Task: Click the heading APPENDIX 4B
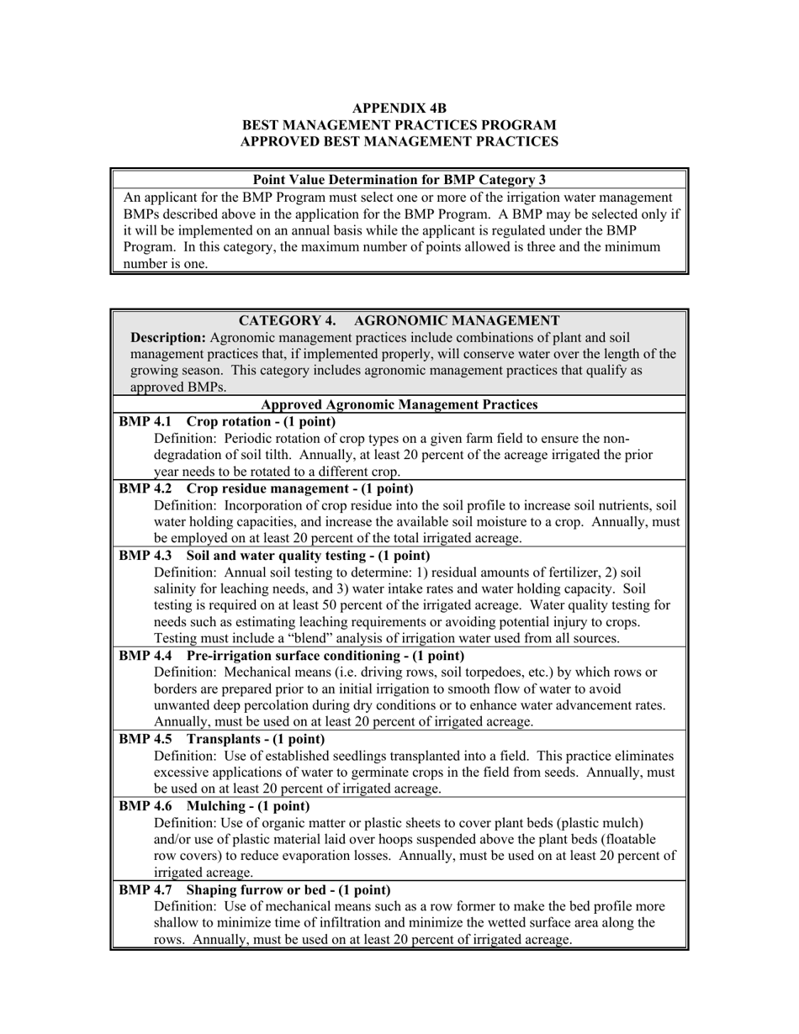[x=399, y=108]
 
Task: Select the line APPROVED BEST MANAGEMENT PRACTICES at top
[x=399, y=142]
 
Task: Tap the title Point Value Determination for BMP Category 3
[x=399, y=179]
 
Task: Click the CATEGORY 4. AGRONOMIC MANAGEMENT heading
[x=399, y=320]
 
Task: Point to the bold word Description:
[x=168, y=337]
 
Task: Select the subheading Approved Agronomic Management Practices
[x=399, y=404]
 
